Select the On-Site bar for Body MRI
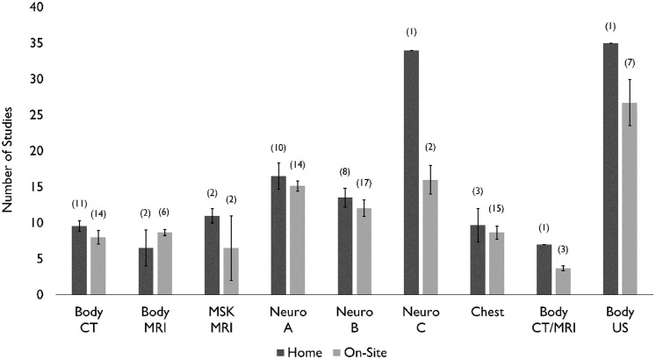click(x=164, y=263)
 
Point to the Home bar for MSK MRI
click(x=212, y=255)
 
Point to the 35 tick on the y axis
click(x=36, y=43)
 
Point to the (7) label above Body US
click(x=629, y=62)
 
